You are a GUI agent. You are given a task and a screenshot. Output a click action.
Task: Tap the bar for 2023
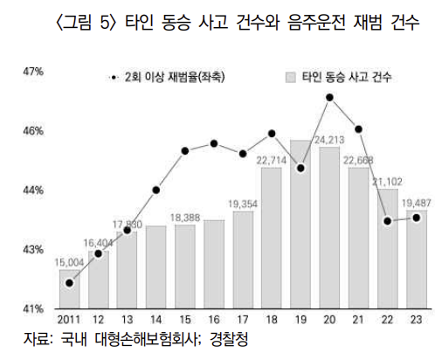(416, 262)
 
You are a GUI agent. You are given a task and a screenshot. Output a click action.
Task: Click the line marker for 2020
(330, 97)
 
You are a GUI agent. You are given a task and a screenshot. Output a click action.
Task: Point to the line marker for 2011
(70, 282)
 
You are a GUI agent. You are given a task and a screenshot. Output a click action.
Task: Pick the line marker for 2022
(387, 220)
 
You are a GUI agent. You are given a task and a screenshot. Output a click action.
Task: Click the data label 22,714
(272, 161)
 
